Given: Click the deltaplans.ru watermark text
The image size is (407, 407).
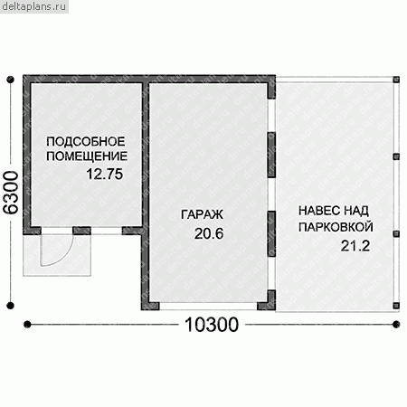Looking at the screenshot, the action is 33,6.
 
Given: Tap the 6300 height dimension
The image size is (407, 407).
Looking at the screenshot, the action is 11,193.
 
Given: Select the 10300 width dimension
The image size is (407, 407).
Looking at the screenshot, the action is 212,325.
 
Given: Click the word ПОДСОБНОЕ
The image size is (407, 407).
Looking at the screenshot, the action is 86,142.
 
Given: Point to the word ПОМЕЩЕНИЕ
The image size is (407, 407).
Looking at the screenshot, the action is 87,156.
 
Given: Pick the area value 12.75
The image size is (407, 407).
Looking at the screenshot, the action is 105,174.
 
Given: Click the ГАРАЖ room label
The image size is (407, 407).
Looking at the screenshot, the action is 202,214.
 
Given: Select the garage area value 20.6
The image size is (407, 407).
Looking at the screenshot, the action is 209,233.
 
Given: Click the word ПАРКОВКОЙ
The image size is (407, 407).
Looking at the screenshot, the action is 336,227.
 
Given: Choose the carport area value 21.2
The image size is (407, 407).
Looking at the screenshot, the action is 355,246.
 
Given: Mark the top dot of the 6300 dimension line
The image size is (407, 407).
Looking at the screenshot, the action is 11,80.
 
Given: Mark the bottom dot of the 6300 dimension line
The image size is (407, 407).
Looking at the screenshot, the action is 11,306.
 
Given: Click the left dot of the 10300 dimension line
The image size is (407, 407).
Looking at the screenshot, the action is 27,325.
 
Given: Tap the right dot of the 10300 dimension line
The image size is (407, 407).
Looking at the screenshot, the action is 396,325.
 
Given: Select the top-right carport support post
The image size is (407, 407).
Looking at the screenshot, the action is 396,80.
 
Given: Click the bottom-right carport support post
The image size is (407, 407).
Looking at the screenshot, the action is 396,306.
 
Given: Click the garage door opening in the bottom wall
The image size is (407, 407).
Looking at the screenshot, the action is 208,306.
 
